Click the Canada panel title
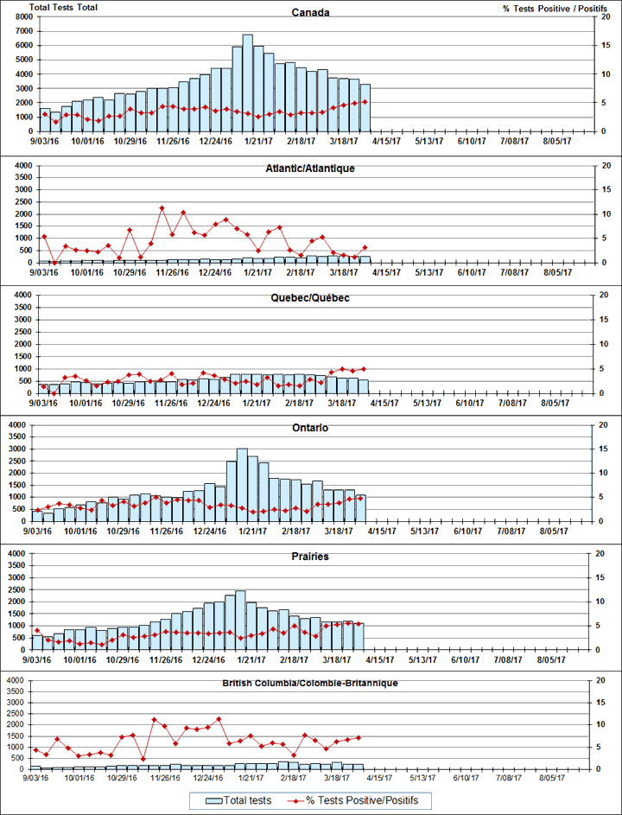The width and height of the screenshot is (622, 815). (311, 14)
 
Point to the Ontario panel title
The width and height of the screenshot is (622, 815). (311, 427)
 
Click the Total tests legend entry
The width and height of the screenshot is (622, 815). (238, 800)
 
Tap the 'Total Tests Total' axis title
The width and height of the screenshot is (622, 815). (63, 7)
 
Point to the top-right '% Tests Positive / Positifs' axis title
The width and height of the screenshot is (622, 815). (549, 8)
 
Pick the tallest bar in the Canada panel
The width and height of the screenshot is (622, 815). (247, 83)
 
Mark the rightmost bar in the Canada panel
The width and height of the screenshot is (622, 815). (365, 107)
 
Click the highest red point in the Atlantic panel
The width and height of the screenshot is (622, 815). (162, 208)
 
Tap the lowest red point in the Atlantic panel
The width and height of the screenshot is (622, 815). (54, 263)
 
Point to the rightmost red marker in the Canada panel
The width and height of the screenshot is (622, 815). (365, 102)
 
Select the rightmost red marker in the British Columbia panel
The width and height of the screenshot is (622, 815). (359, 737)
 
